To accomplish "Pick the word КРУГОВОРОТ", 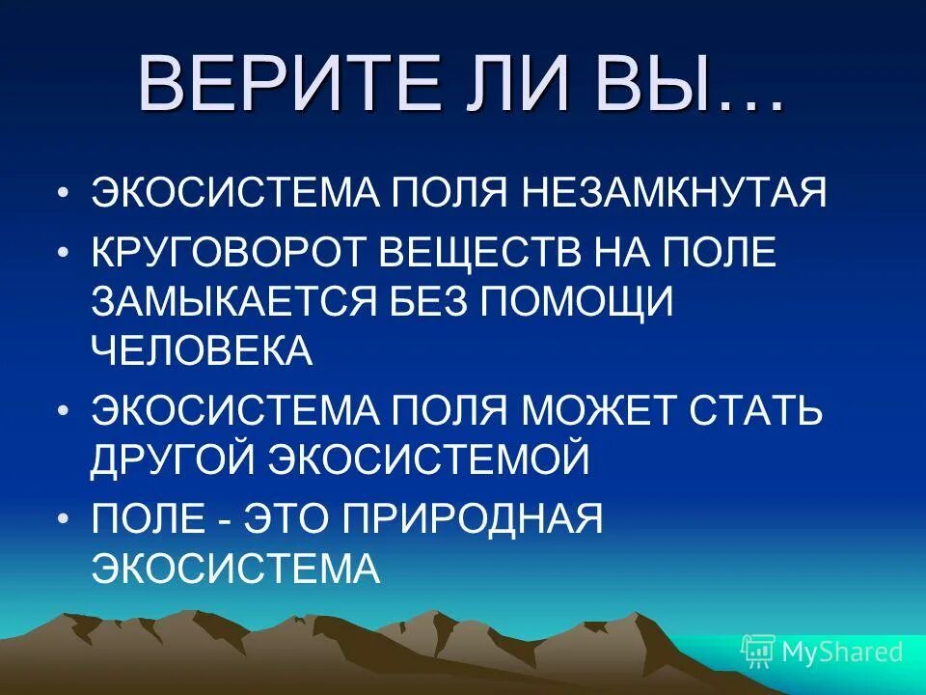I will (x=228, y=253).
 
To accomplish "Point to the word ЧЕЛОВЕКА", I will (x=203, y=349).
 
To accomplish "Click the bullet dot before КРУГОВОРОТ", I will (x=65, y=253).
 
